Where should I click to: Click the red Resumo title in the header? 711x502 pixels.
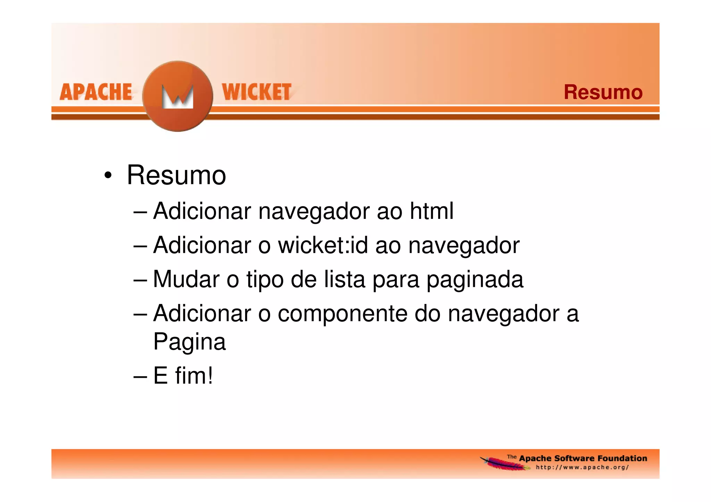tap(603, 92)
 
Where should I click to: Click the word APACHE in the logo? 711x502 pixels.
tap(96, 92)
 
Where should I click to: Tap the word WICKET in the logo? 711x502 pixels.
tap(257, 92)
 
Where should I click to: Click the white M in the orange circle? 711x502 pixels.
tap(178, 97)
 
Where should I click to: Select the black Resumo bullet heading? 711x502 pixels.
tap(176, 175)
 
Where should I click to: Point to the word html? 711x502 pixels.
tap(432, 211)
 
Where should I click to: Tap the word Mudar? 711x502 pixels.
tap(186, 279)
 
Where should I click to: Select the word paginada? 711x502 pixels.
tap(475, 280)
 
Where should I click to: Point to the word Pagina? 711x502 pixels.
tap(190, 342)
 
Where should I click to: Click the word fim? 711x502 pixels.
tap(194, 375)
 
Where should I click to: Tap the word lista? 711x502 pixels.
tap(344, 279)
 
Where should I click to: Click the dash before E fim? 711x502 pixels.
tap(140, 376)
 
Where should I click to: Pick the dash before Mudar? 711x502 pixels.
tap(140, 280)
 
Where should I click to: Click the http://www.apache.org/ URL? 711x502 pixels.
tap(582, 467)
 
